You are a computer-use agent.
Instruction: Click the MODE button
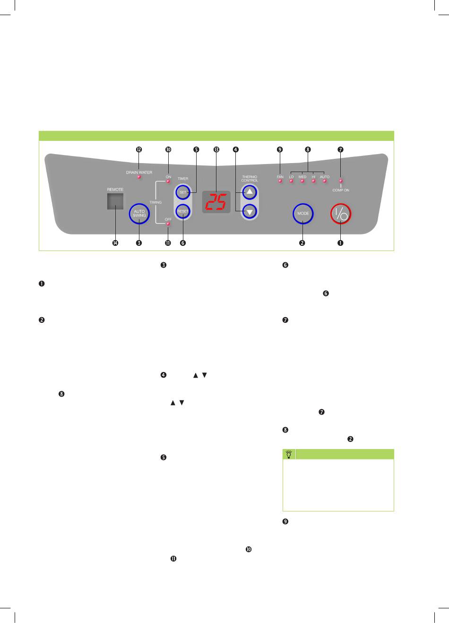point(303,214)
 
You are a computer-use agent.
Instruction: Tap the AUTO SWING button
point(139,214)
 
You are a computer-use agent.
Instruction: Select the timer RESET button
point(183,211)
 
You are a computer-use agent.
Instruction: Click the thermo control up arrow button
point(250,192)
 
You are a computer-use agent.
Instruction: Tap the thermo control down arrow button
point(250,212)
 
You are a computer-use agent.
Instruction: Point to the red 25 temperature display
point(216,202)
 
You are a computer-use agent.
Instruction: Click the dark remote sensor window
point(115,201)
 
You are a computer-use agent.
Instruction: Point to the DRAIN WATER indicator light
point(139,177)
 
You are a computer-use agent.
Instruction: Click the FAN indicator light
point(280,181)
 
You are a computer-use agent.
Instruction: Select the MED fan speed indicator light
point(302,181)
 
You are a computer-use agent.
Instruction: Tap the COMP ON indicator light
point(341,181)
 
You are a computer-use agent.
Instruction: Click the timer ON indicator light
point(168,181)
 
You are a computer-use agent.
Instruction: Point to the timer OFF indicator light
point(168,223)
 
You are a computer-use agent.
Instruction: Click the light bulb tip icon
point(289,454)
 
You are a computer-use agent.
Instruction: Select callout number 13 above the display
point(216,150)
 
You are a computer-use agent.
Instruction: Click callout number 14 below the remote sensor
point(115,243)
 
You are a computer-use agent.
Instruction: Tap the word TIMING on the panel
point(155,202)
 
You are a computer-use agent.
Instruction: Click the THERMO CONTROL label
point(250,179)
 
